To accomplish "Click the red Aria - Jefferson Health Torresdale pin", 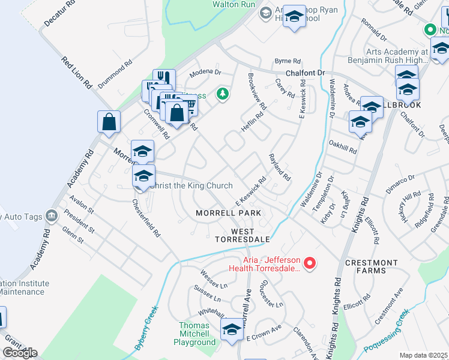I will click(310, 262).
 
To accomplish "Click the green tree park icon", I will click(223, 94).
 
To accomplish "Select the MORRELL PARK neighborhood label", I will click(228, 213).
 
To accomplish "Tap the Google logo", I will click(20, 352).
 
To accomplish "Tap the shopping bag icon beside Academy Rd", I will click(109, 122).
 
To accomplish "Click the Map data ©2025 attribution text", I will click(423, 355).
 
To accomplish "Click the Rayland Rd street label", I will click(279, 166).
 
